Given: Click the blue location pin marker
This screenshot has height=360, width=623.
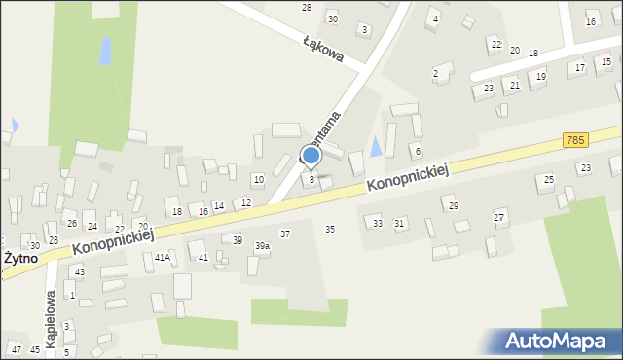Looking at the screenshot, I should pos(311,156).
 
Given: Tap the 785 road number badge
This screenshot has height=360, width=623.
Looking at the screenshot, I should pos(574,141).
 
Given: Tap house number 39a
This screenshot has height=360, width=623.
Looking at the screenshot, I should pos(262,246).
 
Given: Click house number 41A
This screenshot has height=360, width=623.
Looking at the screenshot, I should pos(163,258).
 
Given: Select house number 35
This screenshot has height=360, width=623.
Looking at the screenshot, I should pos(330,229).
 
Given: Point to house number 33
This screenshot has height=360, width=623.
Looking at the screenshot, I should pos(378,224).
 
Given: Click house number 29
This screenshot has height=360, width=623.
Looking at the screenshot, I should pos(453,205).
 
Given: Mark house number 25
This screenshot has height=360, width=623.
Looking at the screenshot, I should pos(549,180).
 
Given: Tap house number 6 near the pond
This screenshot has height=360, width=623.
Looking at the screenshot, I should pos(418,151).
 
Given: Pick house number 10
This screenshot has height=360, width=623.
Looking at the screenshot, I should pos(258,179).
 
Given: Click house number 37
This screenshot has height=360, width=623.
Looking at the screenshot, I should pos(285,234).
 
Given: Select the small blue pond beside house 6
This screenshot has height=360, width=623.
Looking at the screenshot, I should pos(376,147).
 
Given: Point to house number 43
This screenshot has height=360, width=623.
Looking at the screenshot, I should pos(80,271).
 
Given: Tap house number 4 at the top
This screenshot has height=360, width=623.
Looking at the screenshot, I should pos(435,19).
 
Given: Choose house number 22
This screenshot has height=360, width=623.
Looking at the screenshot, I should pos(495,45).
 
